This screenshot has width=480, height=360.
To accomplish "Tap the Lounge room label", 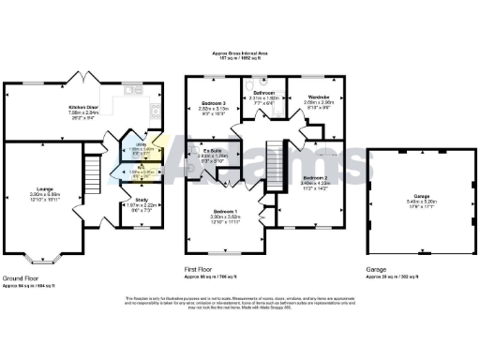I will point(46,195).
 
